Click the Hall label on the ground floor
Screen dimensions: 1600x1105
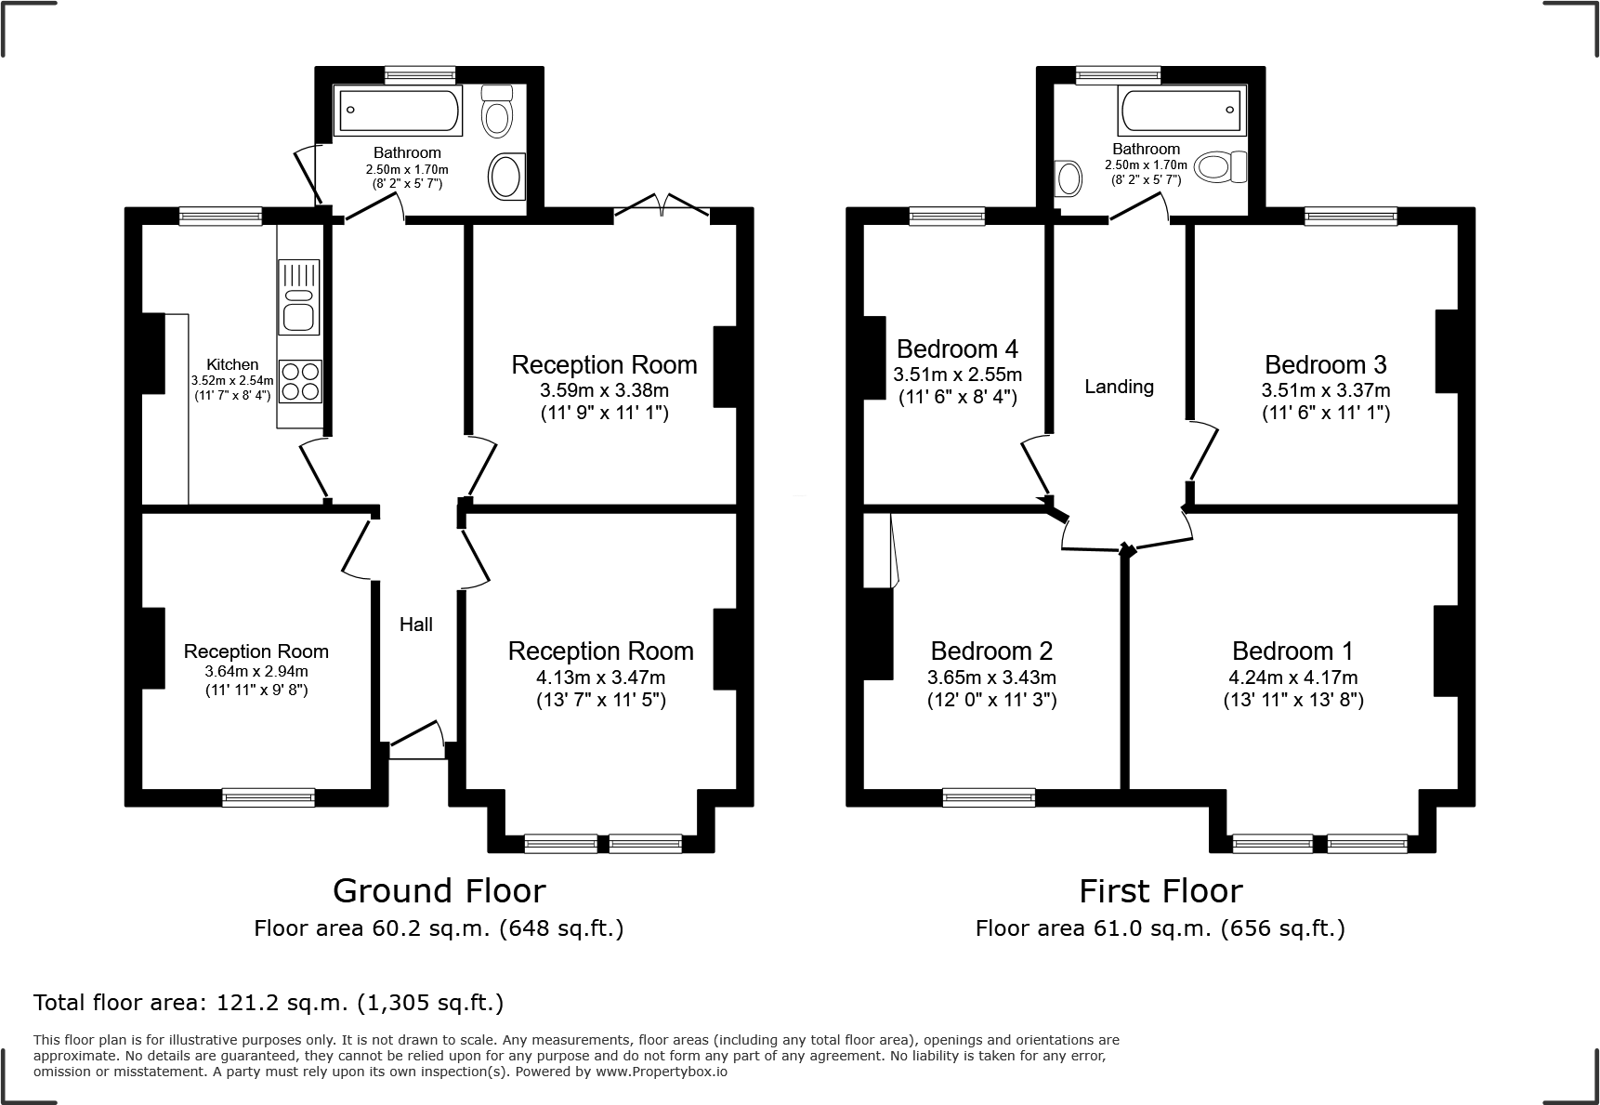[x=416, y=625]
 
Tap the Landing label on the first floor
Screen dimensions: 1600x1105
[x=1119, y=387]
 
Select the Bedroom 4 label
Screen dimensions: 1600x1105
[x=957, y=349]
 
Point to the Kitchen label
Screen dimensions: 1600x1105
[x=232, y=364]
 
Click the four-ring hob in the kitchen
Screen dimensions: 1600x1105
[x=300, y=381]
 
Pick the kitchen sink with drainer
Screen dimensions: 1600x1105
[x=299, y=297]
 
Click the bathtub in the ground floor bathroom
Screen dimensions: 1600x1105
[x=399, y=111]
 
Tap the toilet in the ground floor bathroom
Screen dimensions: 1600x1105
[x=498, y=111]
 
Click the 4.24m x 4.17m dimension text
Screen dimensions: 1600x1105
[x=1292, y=677]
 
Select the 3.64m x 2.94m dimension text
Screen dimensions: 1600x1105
[x=256, y=671]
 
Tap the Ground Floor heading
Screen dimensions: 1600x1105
[x=439, y=891]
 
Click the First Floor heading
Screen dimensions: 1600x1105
[x=1161, y=891]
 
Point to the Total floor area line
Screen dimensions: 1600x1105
[x=269, y=1003]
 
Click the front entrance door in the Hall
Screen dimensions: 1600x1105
[x=417, y=740]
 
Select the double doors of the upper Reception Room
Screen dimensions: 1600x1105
[x=662, y=205]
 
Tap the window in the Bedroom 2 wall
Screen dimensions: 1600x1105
[x=989, y=797]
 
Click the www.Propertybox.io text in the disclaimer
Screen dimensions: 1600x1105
[x=661, y=1072]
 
